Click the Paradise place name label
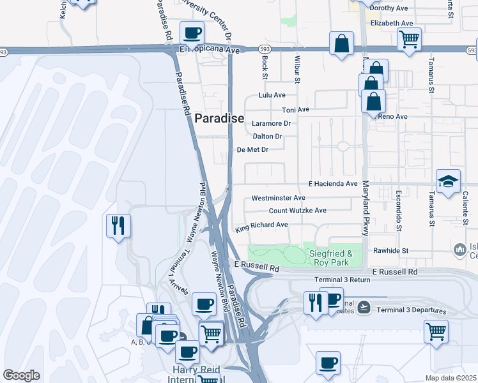click(219, 118)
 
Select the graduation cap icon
click(448, 181)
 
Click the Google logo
click(21, 375)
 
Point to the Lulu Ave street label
click(272, 95)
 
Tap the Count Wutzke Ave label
click(297, 211)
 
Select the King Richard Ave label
click(261, 225)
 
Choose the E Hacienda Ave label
click(333, 184)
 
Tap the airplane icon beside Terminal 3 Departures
click(364, 308)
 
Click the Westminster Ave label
click(278, 199)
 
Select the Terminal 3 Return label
click(342, 280)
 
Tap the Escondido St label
click(397, 210)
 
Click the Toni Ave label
click(295, 110)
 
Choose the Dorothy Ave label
click(389, 8)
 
